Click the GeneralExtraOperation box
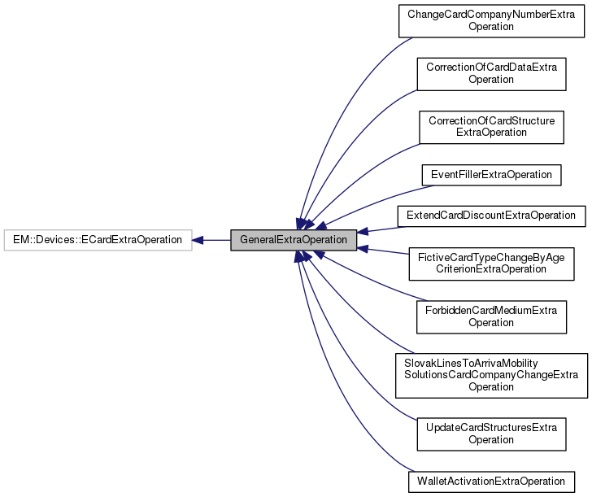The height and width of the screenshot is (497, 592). click(x=294, y=240)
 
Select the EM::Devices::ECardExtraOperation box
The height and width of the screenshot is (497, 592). click(x=98, y=240)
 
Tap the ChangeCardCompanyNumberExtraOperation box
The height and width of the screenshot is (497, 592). click(x=490, y=20)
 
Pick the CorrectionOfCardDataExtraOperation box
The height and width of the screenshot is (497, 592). click(x=490, y=73)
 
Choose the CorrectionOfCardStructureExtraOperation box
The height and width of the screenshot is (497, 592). click(x=491, y=126)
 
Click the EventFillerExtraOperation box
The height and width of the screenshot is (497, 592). click(x=490, y=174)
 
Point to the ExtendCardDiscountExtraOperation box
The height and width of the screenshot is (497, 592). click(x=490, y=216)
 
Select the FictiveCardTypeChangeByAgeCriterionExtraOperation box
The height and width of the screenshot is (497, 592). click(x=490, y=263)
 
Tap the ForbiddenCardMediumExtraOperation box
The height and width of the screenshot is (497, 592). click(x=490, y=316)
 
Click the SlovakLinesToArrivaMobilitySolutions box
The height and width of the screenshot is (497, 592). click(x=490, y=374)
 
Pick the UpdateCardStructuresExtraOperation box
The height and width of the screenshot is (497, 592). click(x=490, y=433)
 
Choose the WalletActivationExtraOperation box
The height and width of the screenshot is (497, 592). click(x=490, y=481)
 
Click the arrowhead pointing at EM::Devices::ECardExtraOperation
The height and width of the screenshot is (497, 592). click(x=198, y=240)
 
